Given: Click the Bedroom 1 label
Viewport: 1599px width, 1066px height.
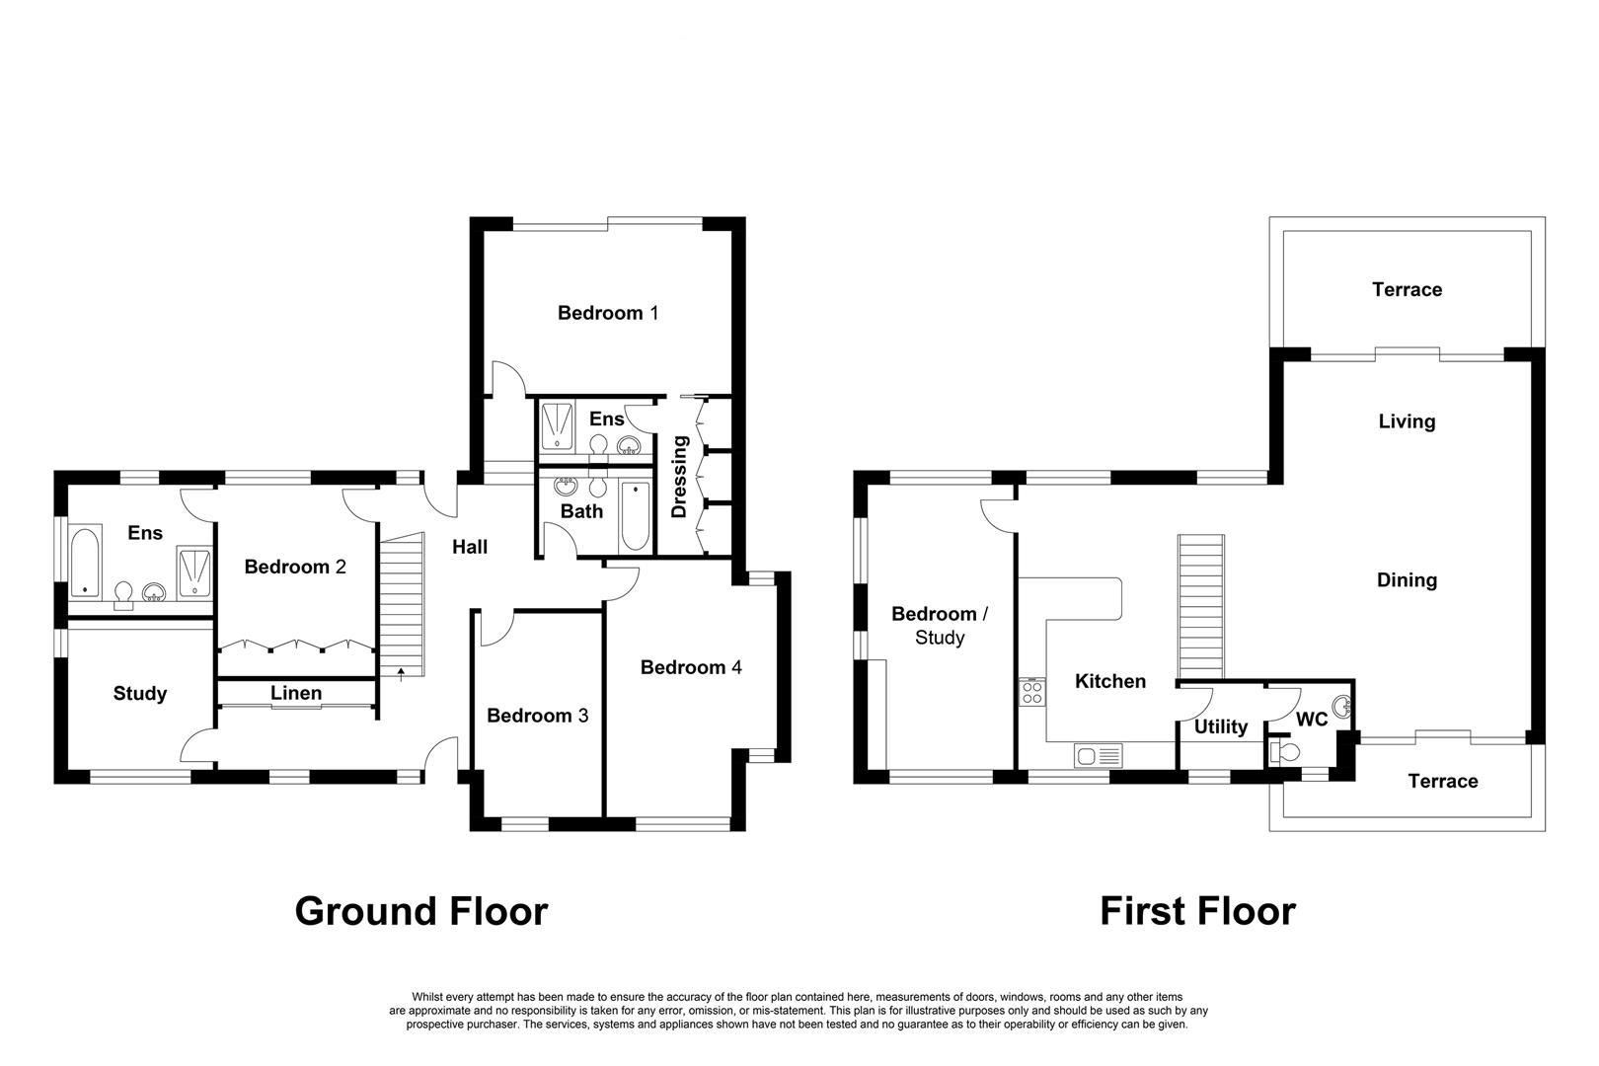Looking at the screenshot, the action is click(607, 313).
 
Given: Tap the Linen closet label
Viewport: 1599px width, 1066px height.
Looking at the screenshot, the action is click(295, 693).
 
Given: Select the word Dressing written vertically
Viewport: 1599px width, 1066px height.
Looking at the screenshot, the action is click(679, 477).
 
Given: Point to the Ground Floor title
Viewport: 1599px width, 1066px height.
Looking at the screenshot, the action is click(421, 912).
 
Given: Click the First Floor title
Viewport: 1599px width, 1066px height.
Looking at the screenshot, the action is click(1198, 912).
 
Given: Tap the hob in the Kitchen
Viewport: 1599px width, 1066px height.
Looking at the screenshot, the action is click(1032, 692).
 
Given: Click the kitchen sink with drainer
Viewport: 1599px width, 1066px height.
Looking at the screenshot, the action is click(1098, 755).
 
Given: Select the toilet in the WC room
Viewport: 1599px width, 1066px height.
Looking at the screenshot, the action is click(1285, 752).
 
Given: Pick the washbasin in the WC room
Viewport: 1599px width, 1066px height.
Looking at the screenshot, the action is click(1342, 707).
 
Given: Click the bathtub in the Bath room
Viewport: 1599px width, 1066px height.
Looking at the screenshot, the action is click(635, 516).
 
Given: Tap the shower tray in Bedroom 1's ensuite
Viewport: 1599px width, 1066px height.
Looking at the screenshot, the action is click(557, 426).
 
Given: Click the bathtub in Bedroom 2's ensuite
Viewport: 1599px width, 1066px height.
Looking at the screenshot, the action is click(86, 562).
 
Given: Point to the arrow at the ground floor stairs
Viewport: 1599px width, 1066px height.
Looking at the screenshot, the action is click(401, 673).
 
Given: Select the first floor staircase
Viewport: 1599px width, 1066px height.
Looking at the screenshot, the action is click(1201, 606).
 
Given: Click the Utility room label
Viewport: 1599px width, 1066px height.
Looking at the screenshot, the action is click(1221, 726).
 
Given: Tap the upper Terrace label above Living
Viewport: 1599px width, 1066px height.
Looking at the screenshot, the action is click(1407, 289).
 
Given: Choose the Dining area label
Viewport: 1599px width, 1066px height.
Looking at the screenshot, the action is click(1407, 580).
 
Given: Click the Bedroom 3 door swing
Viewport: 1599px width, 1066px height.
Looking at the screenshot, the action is click(498, 629).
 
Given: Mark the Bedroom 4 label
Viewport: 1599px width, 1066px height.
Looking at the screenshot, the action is click(691, 667).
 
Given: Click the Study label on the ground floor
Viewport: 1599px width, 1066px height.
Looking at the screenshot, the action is click(140, 693).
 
